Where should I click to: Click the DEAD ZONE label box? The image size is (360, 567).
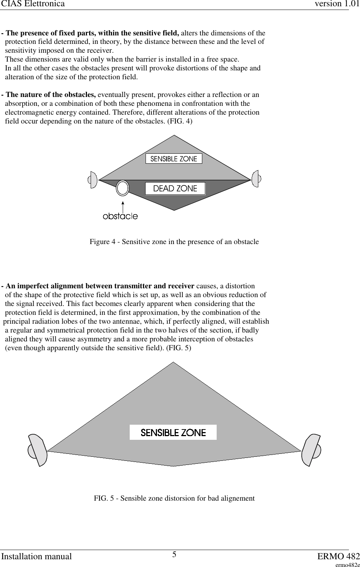[175, 188]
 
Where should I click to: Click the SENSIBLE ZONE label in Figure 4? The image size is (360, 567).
[174, 159]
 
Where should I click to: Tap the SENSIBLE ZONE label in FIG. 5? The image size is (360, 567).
[173, 432]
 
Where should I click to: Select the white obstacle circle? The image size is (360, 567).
[122, 188]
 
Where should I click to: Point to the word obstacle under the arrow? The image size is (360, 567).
[120, 216]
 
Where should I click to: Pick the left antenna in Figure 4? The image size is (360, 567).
[92, 180]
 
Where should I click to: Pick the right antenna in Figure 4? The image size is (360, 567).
[255, 179]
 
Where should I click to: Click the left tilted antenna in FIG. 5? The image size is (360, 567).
[38, 450]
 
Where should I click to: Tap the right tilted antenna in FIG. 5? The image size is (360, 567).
[311, 450]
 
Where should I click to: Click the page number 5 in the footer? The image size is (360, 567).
[174, 555]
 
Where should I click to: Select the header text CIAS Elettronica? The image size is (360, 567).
[32, 4]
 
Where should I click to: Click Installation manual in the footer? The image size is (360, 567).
[36, 556]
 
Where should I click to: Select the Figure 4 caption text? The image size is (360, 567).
[174, 242]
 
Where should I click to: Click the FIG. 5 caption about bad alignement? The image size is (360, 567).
[174, 498]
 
